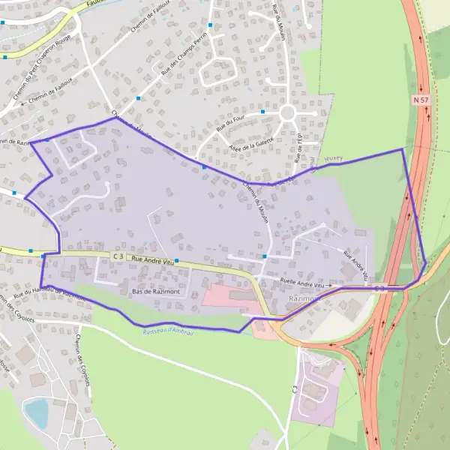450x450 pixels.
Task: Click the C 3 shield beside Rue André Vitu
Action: (118, 256)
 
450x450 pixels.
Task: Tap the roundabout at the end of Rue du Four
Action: (287, 113)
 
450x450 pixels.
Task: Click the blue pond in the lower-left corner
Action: (36, 412)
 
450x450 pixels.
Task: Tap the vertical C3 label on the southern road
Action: (295, 391)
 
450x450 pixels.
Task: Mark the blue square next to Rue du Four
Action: (263, 112)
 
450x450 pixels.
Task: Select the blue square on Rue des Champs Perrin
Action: (211, 25)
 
